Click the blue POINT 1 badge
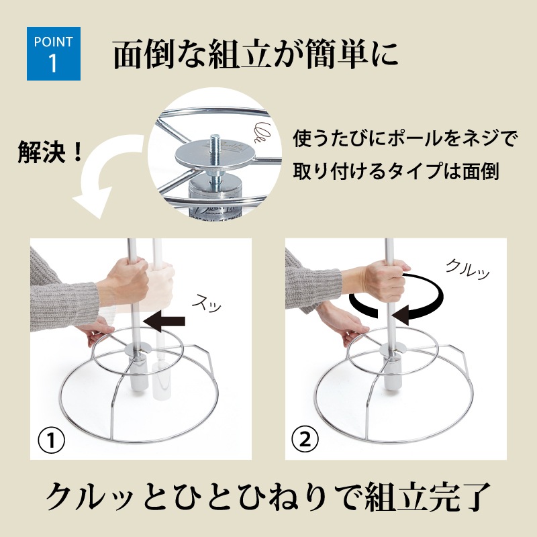pos(54,54)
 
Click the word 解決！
pos(50,152)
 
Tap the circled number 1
pos(52,440)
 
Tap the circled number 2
pos(305,439)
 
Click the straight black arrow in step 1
pos(164,322)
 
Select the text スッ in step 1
pos(207,303)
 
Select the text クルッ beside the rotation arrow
pos(468,270)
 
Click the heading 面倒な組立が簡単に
pos(256,55)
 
